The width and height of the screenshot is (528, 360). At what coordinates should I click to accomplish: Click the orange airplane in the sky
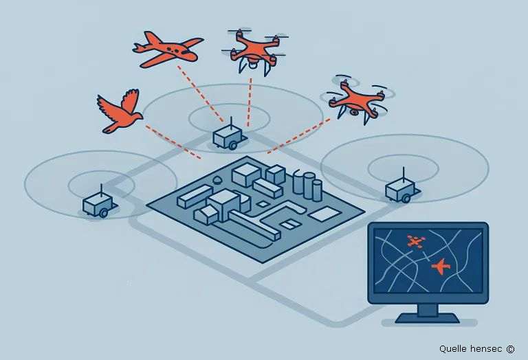pyautogui.click(x=168, y=49)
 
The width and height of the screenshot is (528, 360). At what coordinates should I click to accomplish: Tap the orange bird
pyautogui.click(x=120, y=111)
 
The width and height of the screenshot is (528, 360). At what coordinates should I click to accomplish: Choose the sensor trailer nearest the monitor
pyautogui.click(x=401, y=190)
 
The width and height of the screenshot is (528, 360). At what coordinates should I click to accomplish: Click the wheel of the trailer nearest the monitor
pyautogui.click(x=406, y=199)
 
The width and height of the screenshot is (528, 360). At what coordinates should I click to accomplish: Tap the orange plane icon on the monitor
pyautogui.click(x=441, y=266)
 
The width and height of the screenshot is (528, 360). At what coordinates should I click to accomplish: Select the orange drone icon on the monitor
pyautogui.click(x=416, y=241)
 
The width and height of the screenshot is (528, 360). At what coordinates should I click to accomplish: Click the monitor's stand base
pyautogui.click(x=428, y=318)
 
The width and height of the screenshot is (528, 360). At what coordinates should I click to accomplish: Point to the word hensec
pyautogui.click(x=487, y=348)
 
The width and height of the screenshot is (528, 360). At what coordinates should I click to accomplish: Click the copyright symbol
pyautogui.click(x=510, y=349)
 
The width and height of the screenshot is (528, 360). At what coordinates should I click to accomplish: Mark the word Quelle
pyautogui.click(x=453, y=349)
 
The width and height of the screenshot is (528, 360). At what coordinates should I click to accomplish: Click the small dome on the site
pyautogui.click(x=218, y=179)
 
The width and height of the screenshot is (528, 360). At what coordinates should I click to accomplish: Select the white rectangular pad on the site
pyautogui.click(x=324, y=214)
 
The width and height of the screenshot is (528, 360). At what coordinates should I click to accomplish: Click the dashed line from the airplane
pyautogui.click(x=200, y=93)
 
